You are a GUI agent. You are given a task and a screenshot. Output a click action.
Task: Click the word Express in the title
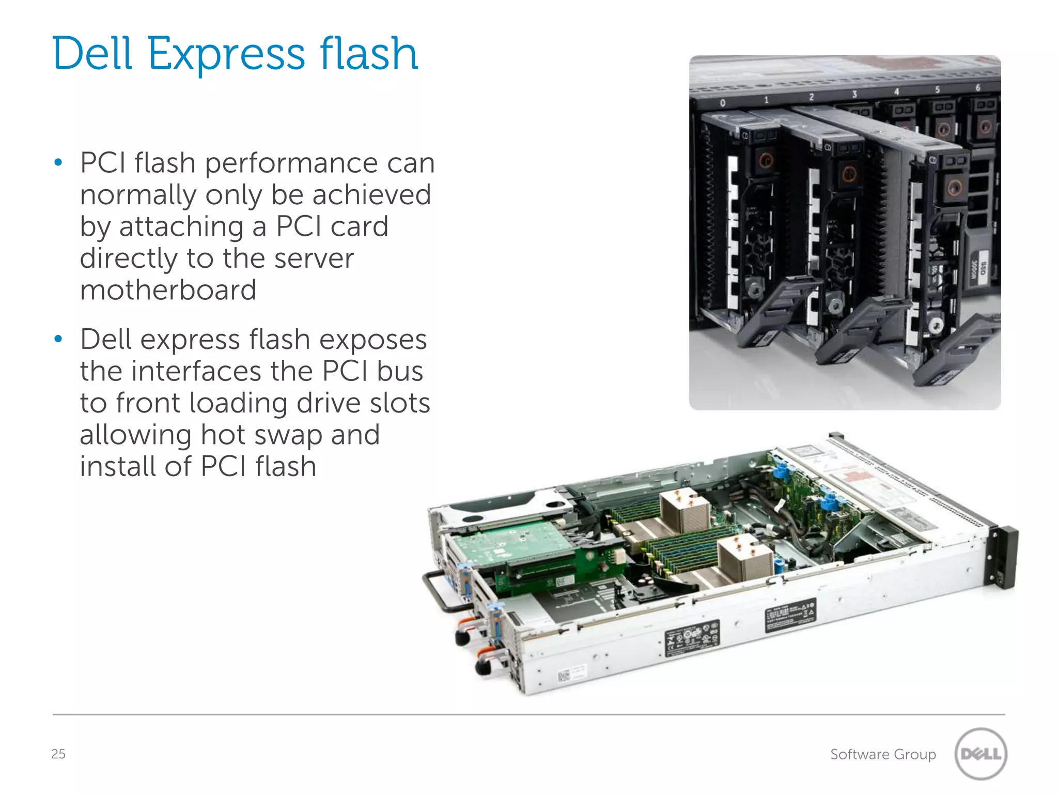click(x=226, y=54)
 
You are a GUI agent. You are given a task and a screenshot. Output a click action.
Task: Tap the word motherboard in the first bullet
click(x=168, y=290)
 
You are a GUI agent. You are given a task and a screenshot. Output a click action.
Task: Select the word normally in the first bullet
click(x=138, y=195)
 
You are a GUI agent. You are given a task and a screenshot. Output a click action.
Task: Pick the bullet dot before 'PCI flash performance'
click(x=58, y=163)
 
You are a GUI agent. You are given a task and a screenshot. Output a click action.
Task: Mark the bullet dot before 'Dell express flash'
click(x=58, y=339)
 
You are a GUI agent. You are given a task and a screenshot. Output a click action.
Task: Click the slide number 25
click(x=58, y=754)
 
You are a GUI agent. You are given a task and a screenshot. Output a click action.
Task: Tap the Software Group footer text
click(x=883, y=754)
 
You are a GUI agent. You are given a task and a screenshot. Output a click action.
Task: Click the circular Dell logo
click(x=981, y=753)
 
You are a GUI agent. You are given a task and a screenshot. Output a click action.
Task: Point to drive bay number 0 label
click(x=723, y=103)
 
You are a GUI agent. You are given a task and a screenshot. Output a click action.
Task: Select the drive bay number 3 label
click(x=854, y=94)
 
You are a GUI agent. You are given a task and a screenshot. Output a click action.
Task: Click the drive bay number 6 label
click(x=977, y=88)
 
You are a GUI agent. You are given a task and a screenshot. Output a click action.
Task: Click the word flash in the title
click(x=368, y=54)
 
